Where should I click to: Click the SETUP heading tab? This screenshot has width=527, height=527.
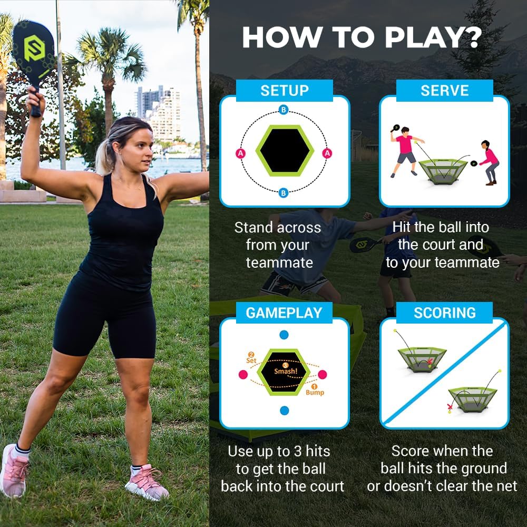click(284, 90)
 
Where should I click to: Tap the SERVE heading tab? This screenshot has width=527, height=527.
click(444, 90)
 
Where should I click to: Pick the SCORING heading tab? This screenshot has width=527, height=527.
click(444, 313)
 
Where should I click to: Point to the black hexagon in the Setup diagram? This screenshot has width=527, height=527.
click(284, 151)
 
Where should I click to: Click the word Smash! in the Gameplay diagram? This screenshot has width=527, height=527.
click(285, 370)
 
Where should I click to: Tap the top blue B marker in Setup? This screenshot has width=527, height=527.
click(284, 110)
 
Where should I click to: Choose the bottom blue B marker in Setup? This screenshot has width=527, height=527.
click(284, 193)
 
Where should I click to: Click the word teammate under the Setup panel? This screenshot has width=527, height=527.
click(279, 262)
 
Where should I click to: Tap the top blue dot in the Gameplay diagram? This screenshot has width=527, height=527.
click(284, 335)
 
